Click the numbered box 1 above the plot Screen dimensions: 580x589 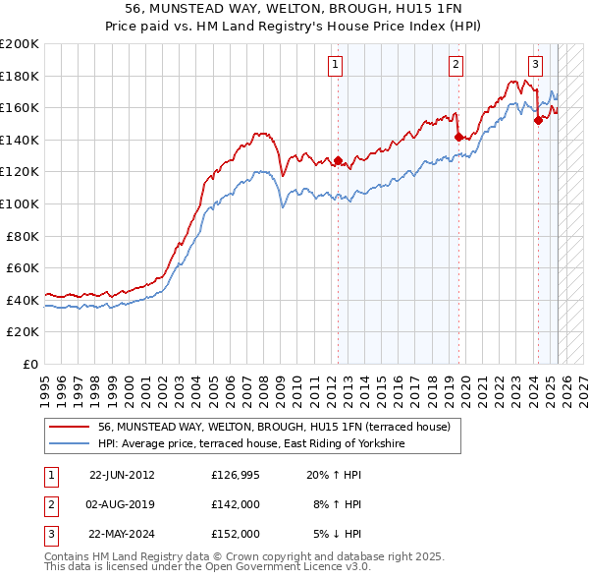pyautogui.click(x=336, y=65)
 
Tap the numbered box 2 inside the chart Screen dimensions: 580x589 pyautogui.click(x=456, y=65)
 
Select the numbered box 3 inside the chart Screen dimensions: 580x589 pyautogui.click(x=535, y=65)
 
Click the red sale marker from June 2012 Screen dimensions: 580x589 pyautogui.click(x=339, y=160)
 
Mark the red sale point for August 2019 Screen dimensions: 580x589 pyautogui.click(x=458, y=137)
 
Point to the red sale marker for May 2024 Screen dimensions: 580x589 pyautogui.click(x=538, y=121)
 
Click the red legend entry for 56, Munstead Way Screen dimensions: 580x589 pyautogui.click(x=274, y=427)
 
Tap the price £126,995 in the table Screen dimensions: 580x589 pyautogui.click(x=236, y=475)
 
